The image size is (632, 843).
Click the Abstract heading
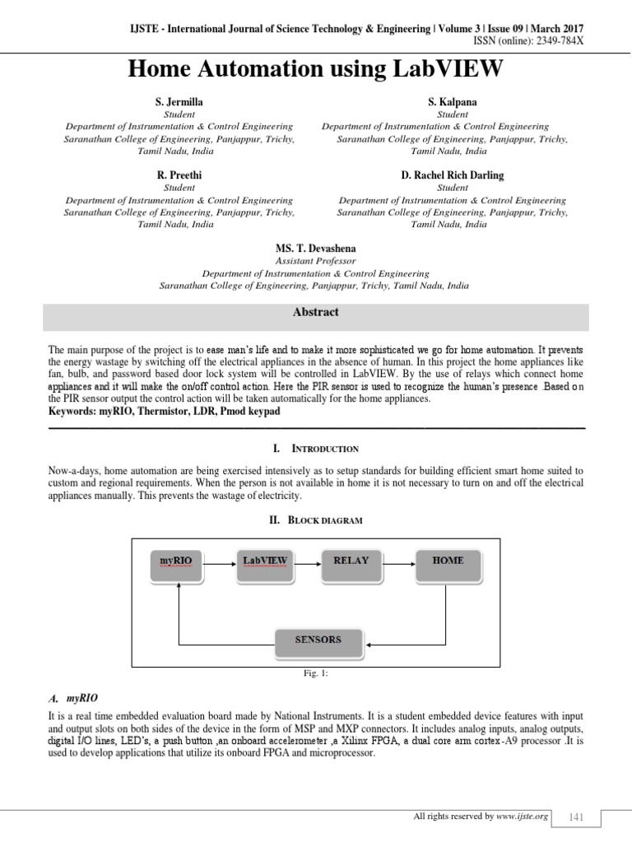click(x=316, y=313)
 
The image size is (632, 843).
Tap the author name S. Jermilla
click(x=179, y=101)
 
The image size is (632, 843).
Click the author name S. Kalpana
click(x=452, y=101)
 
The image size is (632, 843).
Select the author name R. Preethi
click(x=179, y=175)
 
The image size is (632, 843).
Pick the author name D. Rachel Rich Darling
click(x=452, y=175)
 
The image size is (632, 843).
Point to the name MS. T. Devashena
click(x=316, y=248)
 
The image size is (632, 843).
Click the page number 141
click(x=576, y=816)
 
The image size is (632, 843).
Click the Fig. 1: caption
click(x=317, y=673)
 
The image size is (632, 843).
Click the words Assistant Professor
click(x=316, y=260)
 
